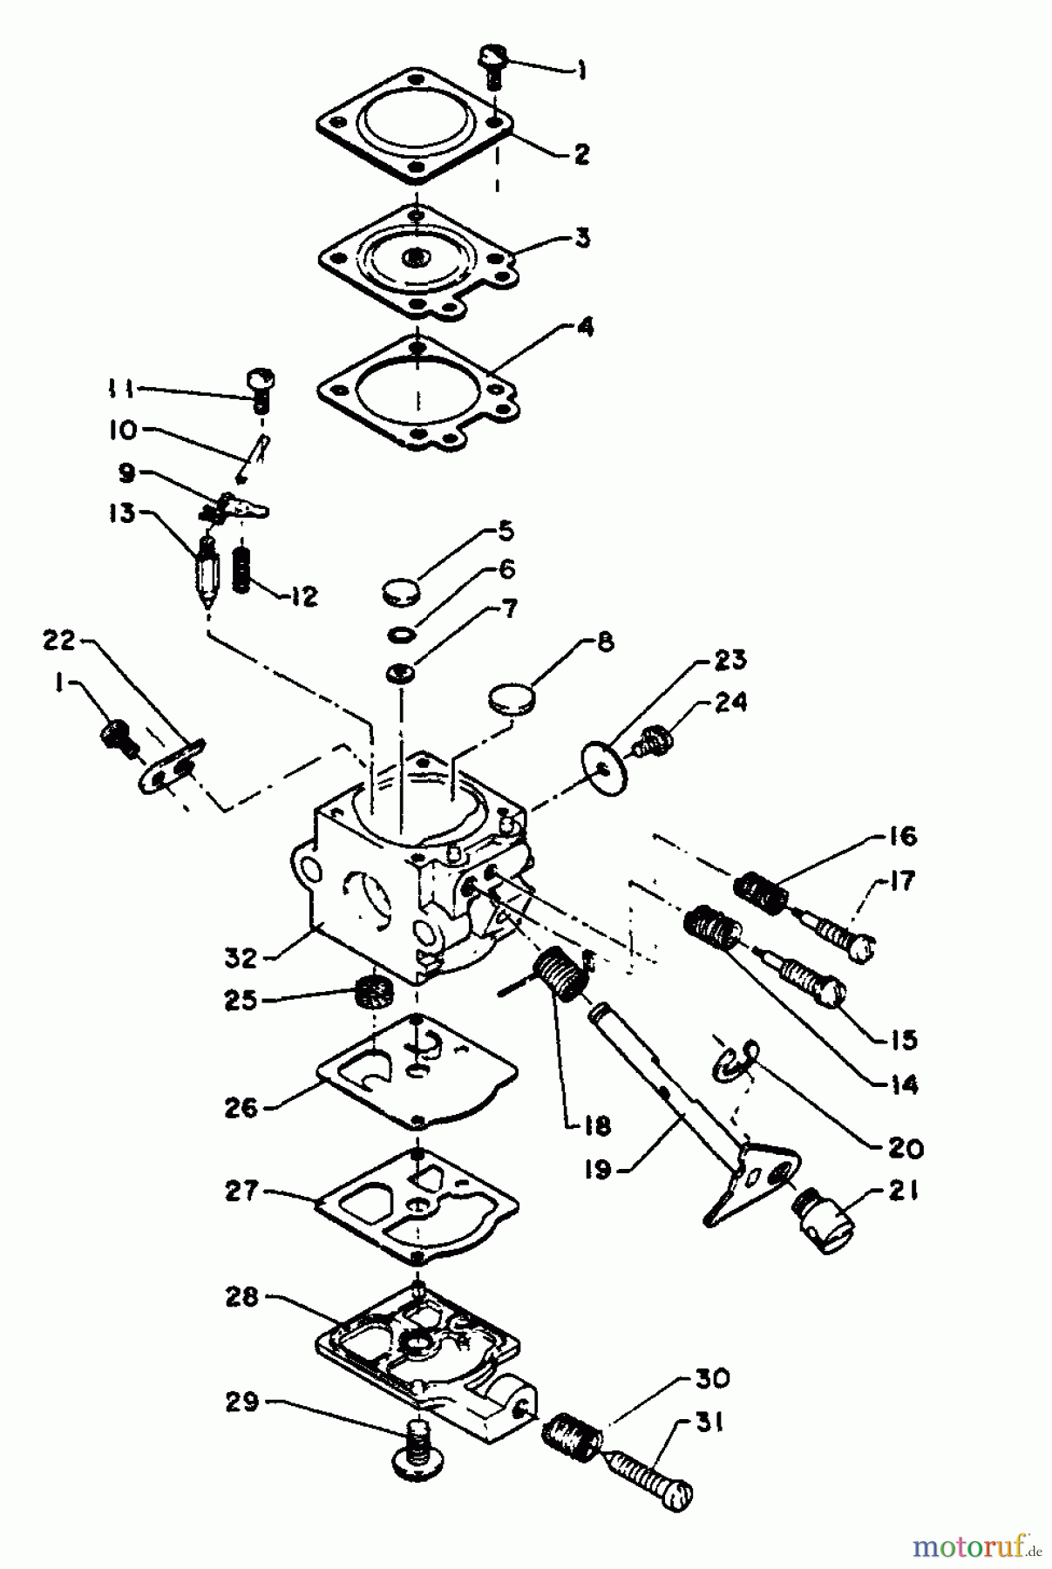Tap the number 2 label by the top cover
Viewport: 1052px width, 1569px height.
point(581,155)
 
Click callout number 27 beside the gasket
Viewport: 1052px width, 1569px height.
point(241,1192)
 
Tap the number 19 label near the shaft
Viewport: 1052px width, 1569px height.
point(598,1170)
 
